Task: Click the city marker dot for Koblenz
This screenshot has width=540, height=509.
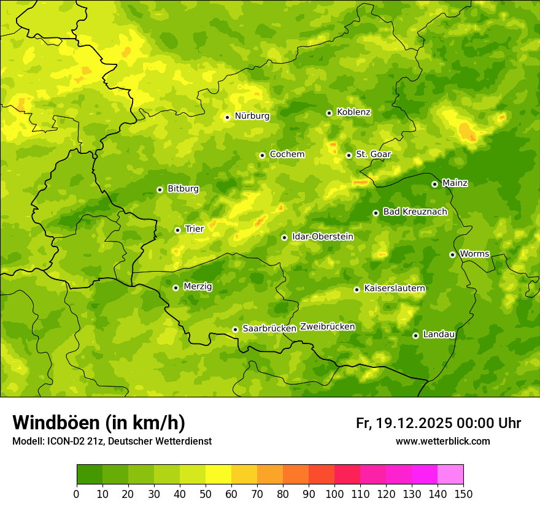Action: coord(329,113)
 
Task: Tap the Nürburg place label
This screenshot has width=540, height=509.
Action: coord(252,116)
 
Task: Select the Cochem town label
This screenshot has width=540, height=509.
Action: coord(287,155)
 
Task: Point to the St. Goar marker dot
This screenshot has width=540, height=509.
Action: coord(349,155)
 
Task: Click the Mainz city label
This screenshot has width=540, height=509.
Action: coord(455,183)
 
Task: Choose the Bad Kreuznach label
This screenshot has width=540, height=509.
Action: coord(415,212)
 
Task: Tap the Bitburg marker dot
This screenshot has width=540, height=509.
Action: coord(160,189)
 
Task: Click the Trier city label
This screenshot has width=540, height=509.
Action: coord(194,229)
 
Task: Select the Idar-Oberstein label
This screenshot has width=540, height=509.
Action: coord(323,236)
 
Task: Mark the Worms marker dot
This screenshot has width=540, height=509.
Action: coord(452,255)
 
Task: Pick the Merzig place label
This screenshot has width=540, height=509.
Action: coord(198,286)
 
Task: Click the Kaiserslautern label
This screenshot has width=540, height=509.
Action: coord(395,288)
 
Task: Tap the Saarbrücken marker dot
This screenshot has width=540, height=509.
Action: coord(235,329)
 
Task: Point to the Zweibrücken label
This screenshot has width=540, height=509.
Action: coord(327,327)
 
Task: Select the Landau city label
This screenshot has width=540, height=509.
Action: coord(439,334)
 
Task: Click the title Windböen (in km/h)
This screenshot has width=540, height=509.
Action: coord(98,423)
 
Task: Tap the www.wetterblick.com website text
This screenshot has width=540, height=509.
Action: coord(442,441)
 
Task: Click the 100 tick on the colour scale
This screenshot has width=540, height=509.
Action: coord(334,493)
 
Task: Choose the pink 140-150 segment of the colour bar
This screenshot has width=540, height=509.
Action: coord(450,475)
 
